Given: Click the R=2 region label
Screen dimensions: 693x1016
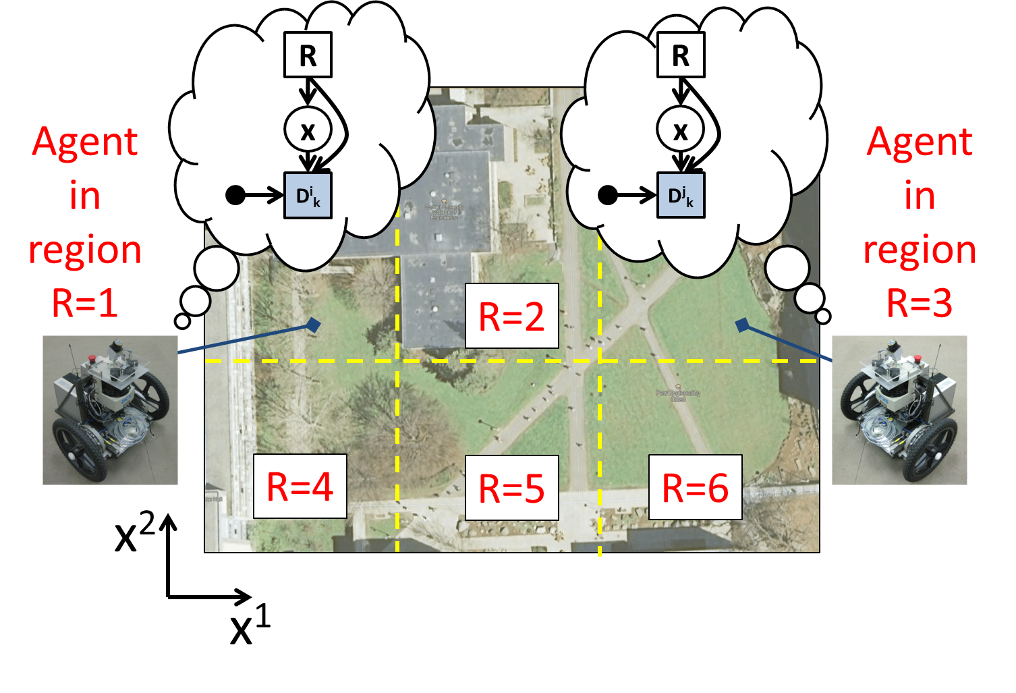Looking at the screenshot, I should pyautogui.click(x=511, y=316).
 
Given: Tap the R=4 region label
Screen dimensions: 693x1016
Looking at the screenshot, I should pyautogui.click(x=300, y=487).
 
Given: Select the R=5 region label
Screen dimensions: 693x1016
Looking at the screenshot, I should pyautogui.click(x=511, y=488).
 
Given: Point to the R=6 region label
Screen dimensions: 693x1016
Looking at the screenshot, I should pyautogui.click(x=695, y=487).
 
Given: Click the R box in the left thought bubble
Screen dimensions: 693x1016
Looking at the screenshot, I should pyautogui.click(x=308, y=55).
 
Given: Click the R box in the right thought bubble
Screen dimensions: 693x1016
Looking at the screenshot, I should pyautogui.click(x=681, y=55).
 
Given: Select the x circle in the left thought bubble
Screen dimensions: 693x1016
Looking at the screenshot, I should pyautogui.click(x=308, y=130).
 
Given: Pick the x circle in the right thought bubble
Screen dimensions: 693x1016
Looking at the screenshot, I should pyautogui.click(x=681, y=130).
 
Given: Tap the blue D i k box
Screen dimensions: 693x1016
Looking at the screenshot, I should pyautogui.click(x=308, y=196).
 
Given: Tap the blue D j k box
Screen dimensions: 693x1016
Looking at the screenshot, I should pyautogui.click(x=681, y=196).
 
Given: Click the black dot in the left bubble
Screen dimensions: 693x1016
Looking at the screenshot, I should pyautogui.click(x=235, y=196).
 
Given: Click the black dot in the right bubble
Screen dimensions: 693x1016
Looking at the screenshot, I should pyautogui.click(x=607, y=196).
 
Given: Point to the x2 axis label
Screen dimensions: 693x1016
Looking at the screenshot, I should pyautogui.click(x=135, y=533).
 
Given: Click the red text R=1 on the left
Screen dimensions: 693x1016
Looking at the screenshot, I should pyautogui.click(x=85, y=303).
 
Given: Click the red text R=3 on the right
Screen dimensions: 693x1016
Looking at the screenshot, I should pyautogui.click(x=920, y=303).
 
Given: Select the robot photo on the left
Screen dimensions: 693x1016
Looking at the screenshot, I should pyautogui.click(x=110, y=410).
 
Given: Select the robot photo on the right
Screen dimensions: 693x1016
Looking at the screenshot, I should pyautogui.click(x=899, y=410).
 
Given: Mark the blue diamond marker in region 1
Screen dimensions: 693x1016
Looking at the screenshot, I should pyautogui.click(x=313, y=325).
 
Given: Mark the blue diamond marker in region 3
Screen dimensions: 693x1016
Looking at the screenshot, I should pyautogui.click(x=743, y=325).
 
